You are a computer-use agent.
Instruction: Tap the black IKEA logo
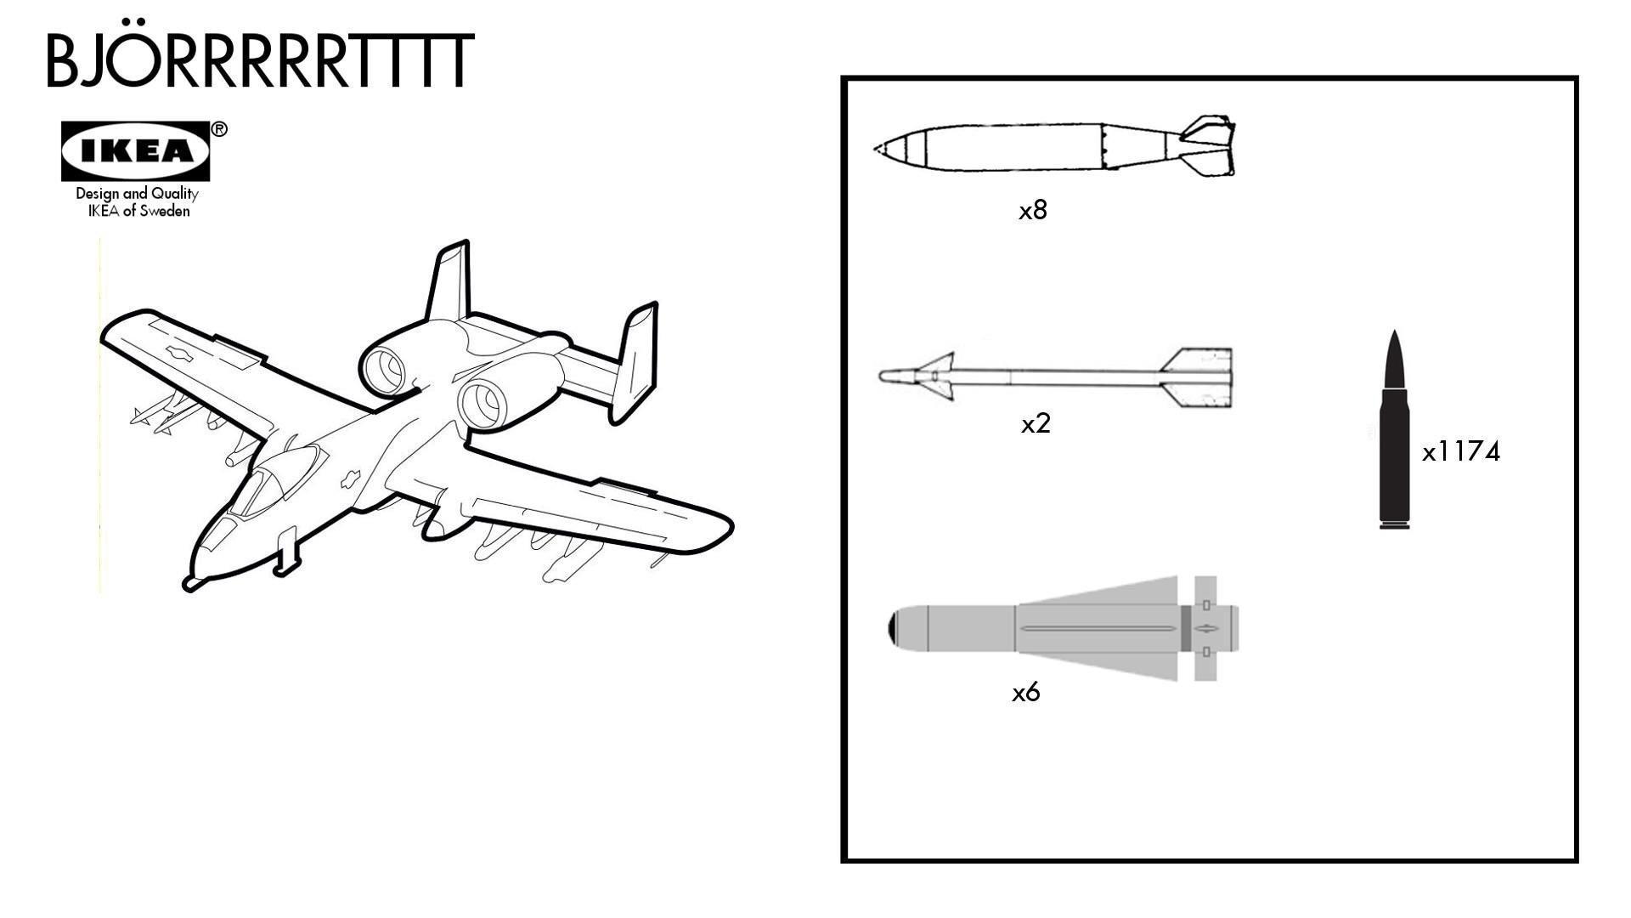click(x=135, y=151)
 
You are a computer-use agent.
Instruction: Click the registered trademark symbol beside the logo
click(x=219, y=129)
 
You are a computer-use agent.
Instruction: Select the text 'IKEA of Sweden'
click(x=138, y=211)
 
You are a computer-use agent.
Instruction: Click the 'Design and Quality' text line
click(x=137, y=194)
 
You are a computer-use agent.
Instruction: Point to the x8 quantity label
click(x=1033, y=211)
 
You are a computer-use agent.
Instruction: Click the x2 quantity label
click(x=1036, y=423)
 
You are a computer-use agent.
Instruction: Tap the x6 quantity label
click(x=1025, y=693)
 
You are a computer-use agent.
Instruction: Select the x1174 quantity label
click(x=1461, y=451)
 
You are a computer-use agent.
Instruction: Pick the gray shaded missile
click(x=1062, y=629)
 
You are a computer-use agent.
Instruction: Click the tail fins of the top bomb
click(x=1211, y=147)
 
